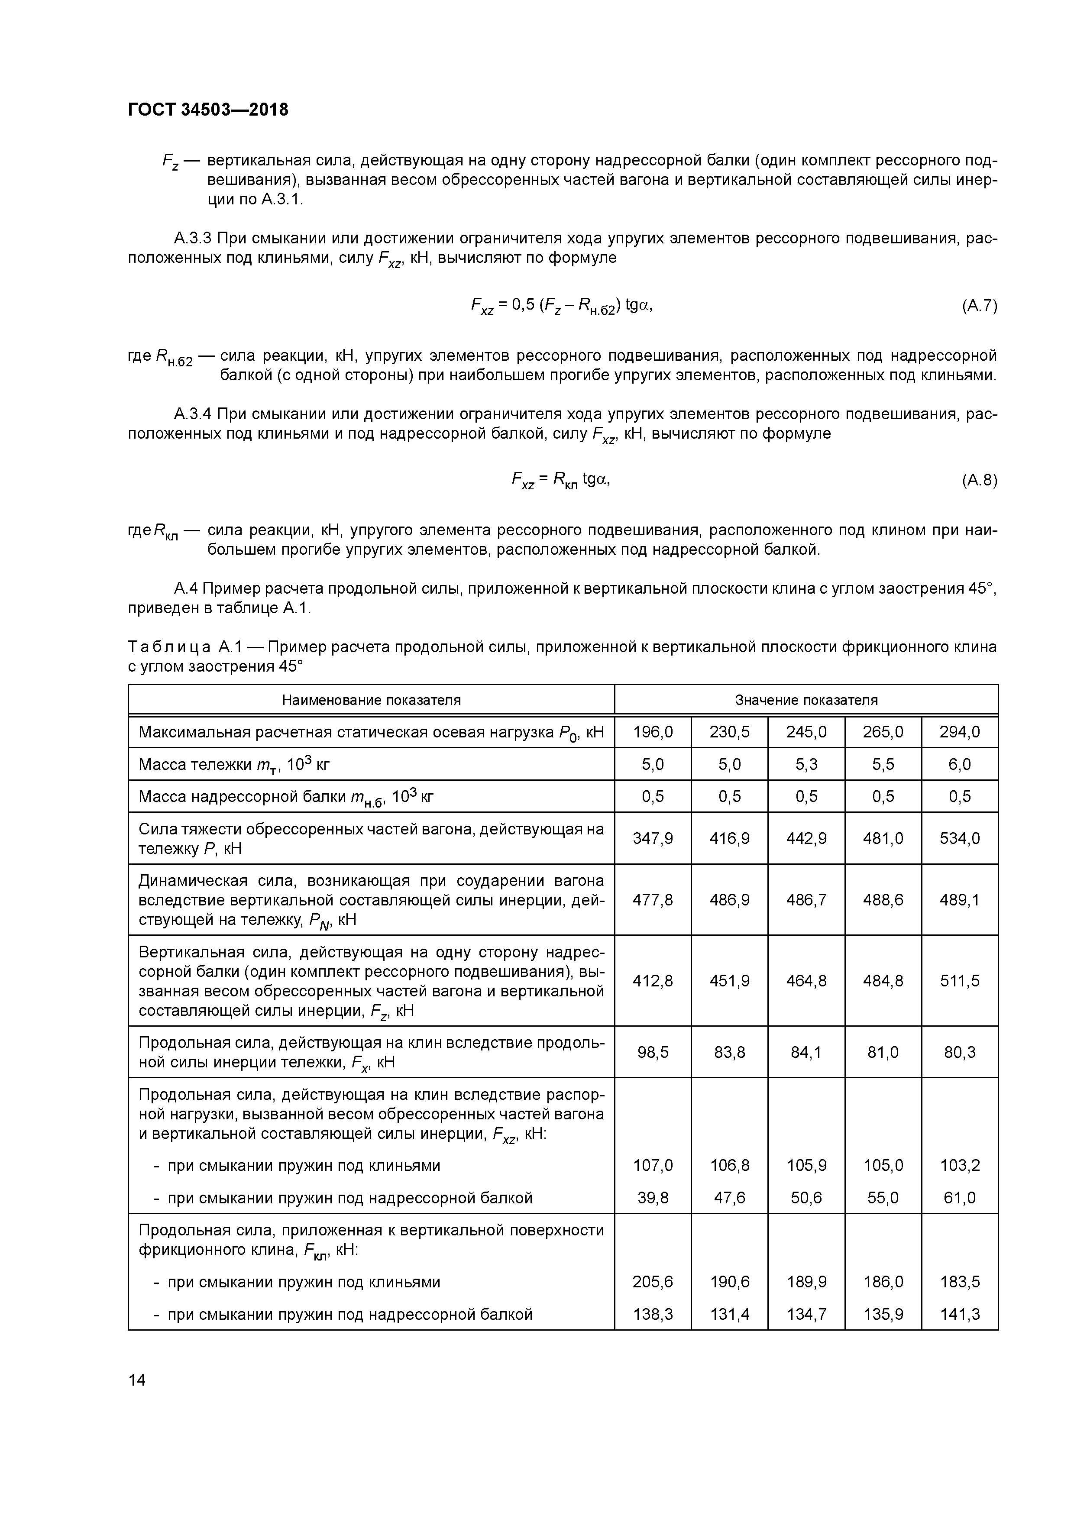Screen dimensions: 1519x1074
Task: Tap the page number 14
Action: [x=137, y=1380]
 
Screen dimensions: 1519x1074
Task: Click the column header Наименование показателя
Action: [x=371, y=700]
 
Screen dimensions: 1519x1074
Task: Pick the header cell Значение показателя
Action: [x=806, y=700]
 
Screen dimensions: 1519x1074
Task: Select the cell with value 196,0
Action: [x=653, y=732]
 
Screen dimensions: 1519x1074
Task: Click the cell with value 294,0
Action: [x=960, y=732]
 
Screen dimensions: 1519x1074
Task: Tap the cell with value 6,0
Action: [x=960, y=764]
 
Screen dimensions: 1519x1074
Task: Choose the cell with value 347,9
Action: [x=653, y=838]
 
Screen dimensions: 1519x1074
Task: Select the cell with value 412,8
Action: [x=653, y=980]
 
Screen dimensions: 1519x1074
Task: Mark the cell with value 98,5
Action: [x=653, y=1052]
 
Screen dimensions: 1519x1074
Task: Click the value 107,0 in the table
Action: [x=653, y=1165]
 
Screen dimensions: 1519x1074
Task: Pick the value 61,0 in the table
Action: [x=960, y=1197]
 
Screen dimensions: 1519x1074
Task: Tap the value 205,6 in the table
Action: [x=653, y=1281]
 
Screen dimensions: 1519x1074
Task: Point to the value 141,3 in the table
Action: [x=960, y=1314]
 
